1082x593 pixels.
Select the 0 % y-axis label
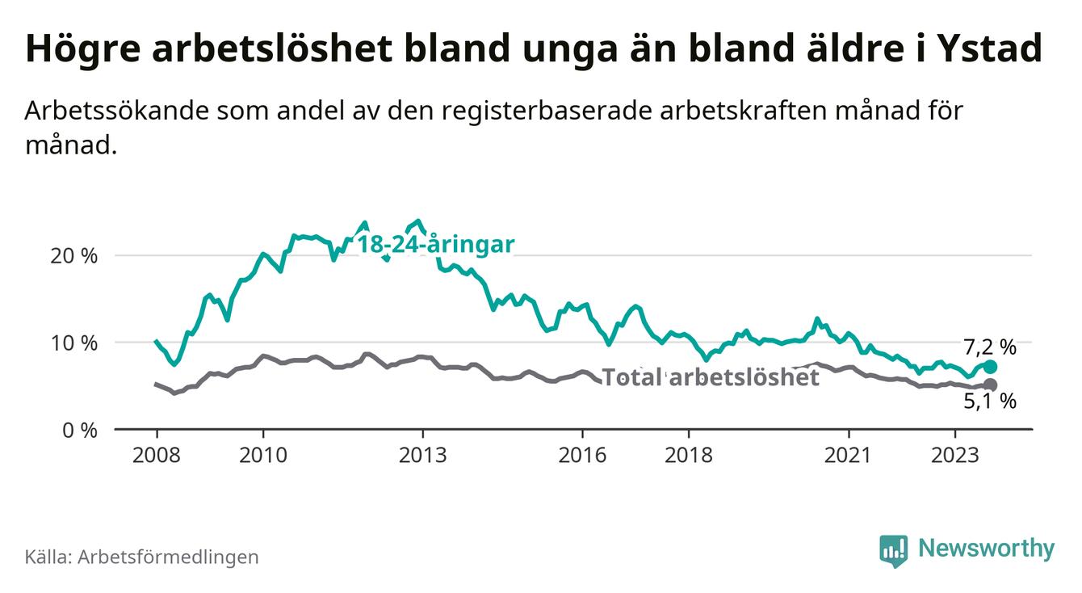pos(79,430)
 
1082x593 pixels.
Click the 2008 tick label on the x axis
pos(157,455)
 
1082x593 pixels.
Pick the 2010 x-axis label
pos(263,455)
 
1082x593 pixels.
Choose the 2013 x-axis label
pos(422,455)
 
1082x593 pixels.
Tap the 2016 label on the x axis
pos(582,455)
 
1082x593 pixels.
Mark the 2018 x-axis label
pos(689,455)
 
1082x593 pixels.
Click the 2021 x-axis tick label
pos(849,455)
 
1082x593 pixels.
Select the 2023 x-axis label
pos(954,455)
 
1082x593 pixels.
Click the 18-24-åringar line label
pos(436,245)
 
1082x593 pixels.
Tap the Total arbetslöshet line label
pos(711,377)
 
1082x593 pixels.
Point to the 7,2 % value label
pos(989,347)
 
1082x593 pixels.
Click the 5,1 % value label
pos(989,402)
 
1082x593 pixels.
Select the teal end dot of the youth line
pos(991,367)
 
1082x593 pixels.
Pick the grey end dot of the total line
pos(991,385)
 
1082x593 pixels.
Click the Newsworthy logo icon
pos(893,549)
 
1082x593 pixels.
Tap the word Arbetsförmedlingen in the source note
pos(168,557)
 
